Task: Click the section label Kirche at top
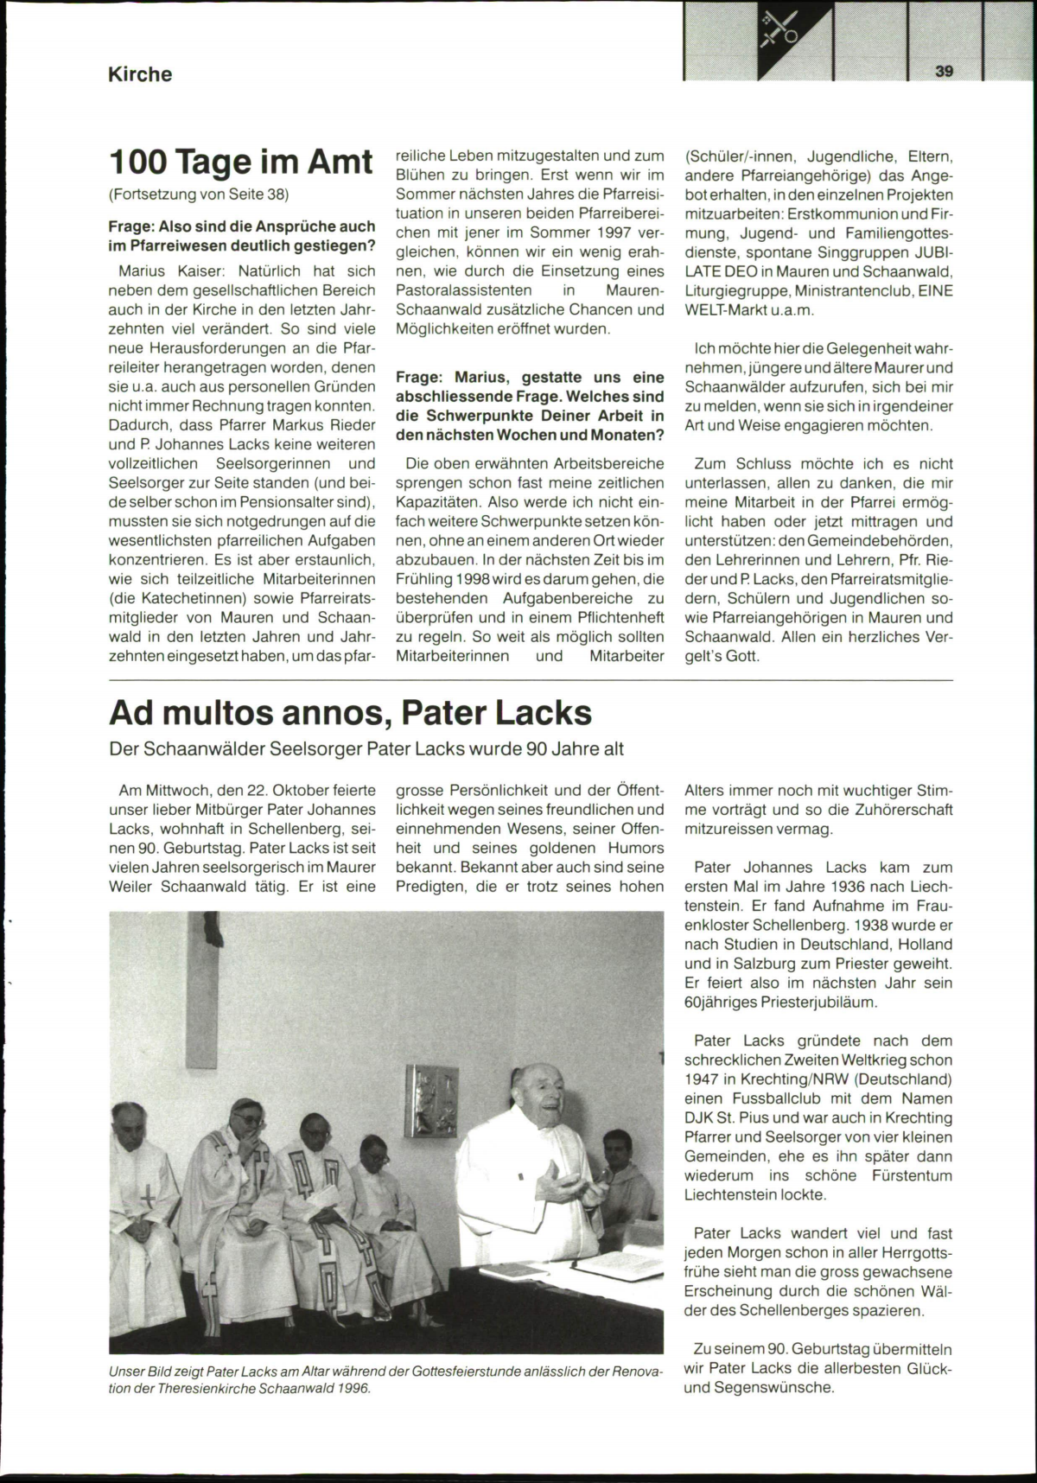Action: [x=139, y=74]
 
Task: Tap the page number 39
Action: [x=944, y=72]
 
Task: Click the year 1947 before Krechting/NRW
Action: [x=701, y=1079]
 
